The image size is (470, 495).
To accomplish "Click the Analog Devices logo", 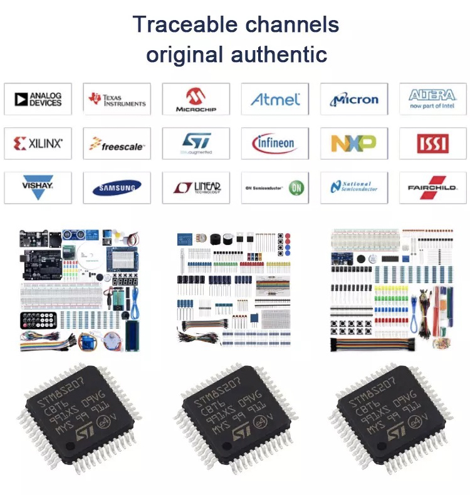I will click(x=38, y=99).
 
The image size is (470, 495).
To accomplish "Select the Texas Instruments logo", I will click(x=117, y=99).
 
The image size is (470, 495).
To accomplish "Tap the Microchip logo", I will click(x=196, y=99).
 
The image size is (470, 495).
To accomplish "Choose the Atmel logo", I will click(x=275, y=99).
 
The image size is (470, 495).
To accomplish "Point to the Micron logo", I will click(x=355, y=99).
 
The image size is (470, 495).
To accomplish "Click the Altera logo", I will click(x=433, y=98).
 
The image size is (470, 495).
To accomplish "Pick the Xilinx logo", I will click(x=38, y=143).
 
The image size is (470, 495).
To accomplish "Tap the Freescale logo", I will click(x=117, y=144).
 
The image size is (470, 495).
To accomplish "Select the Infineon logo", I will click(x=275, y=143).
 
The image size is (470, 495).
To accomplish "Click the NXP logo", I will click(x=355, y=143).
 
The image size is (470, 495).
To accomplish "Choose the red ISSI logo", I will click(x=433, y=143).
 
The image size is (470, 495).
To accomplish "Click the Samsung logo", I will click(x=117, y=188).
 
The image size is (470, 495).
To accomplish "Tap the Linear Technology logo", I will click(x=196, y=188).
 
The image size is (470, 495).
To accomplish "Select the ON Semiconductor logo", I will click(x=275, y=188).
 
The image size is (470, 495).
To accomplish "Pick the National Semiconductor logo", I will click(x=355, y=188).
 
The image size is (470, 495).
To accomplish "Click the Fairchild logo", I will click(x=433, y=188).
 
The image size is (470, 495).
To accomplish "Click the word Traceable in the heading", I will click(x=183, y=25).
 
